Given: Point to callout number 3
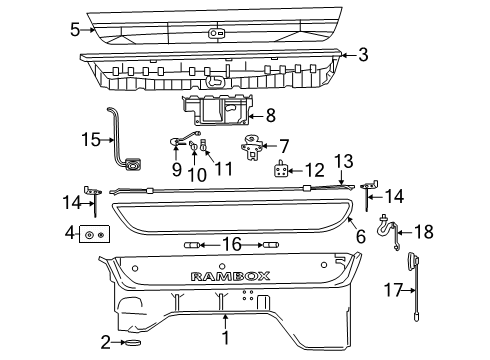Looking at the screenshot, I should (364, 54).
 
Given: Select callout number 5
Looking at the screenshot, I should (75, 30).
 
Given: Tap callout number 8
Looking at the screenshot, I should (269, 116).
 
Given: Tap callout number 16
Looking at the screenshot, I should (231, 243).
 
